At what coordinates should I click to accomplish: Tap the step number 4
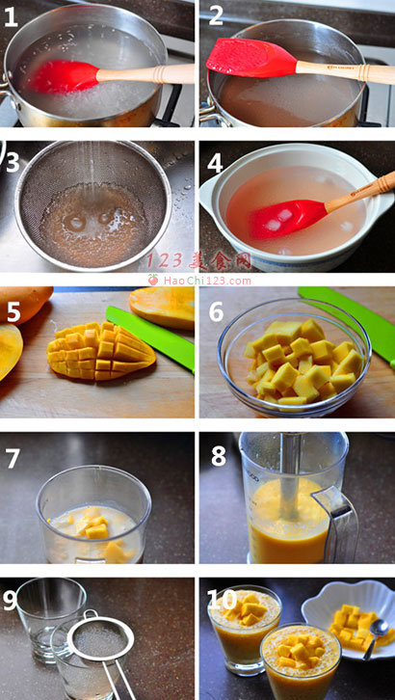pos(215,164)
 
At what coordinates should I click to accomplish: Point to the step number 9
pos(11,601)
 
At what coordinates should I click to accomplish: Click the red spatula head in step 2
pos(250,58)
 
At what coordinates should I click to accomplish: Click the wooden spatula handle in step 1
pos(145,73)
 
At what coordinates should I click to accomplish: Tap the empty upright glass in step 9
pos(50,618)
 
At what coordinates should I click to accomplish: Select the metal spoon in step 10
pos(374,637)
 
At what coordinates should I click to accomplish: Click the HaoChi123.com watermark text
pos(207,281)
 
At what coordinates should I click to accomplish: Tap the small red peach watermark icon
pos(153,280)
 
